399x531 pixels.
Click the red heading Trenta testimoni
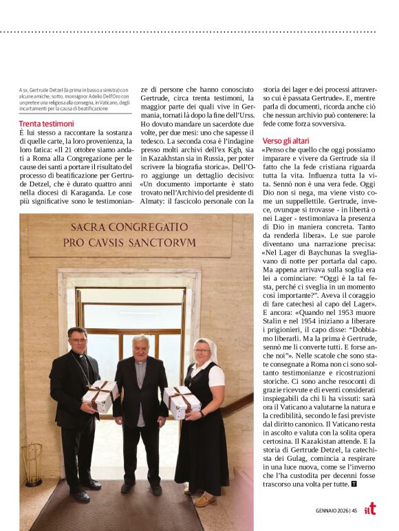tap(46, 123)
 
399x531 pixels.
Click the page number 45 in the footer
tap(354, 510)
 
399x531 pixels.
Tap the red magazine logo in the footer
tap(370, 509)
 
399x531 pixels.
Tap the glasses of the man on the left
tap(78, 340)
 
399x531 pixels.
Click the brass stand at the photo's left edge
tap(32, 464)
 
